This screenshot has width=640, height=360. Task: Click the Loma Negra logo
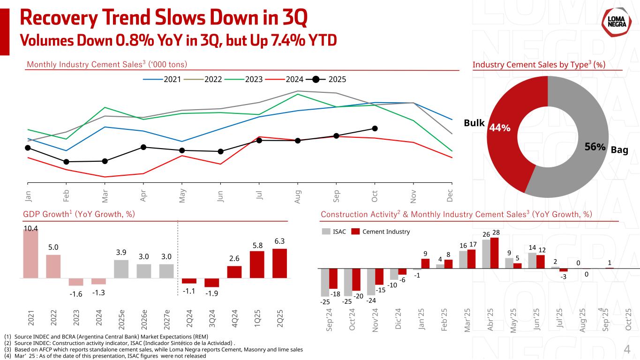(615, 22)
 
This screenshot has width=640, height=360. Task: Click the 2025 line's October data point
(375, 128)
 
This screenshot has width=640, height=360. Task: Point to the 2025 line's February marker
(66, 162)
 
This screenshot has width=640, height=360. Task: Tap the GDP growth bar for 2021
(30, 253)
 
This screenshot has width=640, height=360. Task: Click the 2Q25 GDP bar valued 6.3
(279, 263)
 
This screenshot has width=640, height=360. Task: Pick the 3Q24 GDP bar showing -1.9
(211, 283)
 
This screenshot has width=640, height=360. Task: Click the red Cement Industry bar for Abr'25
(494, 253)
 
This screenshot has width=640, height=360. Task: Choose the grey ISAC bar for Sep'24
(324, 282)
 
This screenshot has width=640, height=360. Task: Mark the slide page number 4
(627, 349)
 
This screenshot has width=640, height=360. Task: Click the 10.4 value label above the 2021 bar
(30, 228)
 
